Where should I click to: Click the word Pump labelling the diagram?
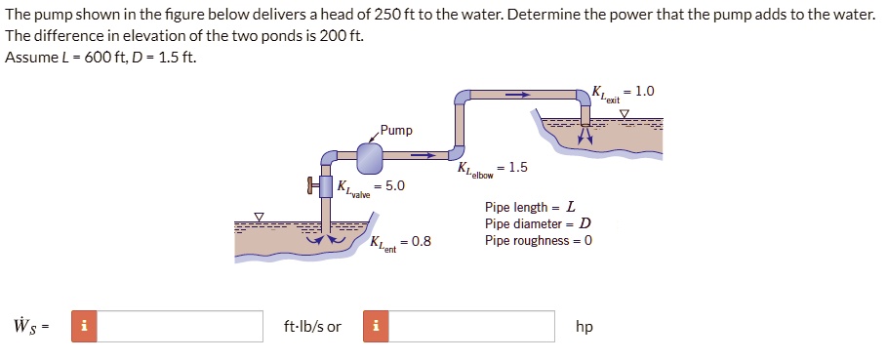[x=396, y=130]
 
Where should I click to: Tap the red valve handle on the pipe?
[x=311, y=185]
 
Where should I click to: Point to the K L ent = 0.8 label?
[x=400, y=242]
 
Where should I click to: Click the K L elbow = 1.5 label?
[x=493, y=168]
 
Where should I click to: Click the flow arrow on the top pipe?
[x=516, y=96]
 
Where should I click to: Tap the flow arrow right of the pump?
[x=422, y=154]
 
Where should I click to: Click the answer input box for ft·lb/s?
[x=181, y=326]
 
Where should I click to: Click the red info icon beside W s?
[x=85, y=326]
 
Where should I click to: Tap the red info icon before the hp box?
[x=376, y=326]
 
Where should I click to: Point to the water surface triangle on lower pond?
[x=259, y=216]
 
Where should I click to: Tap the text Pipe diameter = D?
[x=538, y=223]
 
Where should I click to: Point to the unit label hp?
[x=584, y=327]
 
